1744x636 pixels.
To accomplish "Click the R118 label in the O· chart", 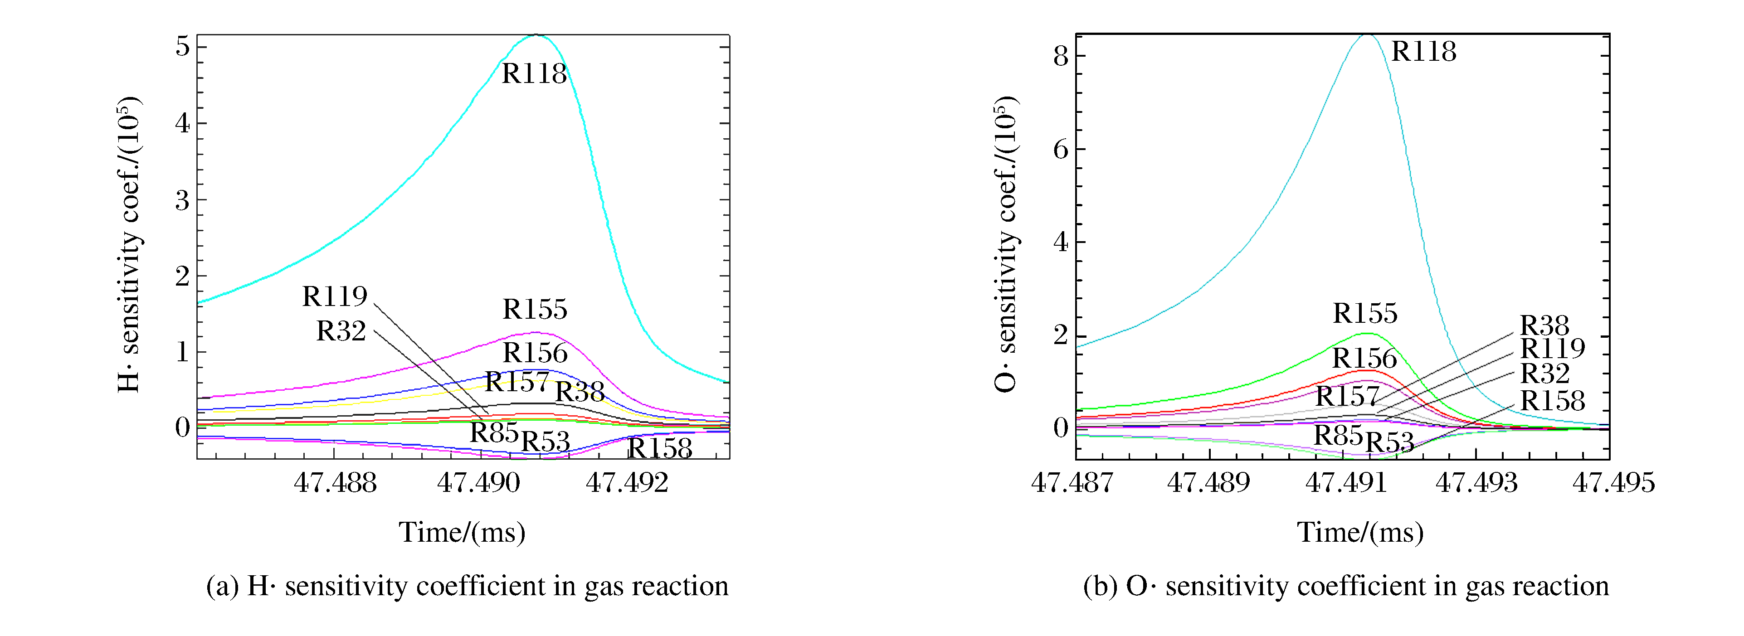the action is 1424,51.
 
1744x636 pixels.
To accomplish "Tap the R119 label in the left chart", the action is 335,296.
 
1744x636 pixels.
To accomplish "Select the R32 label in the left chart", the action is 341,331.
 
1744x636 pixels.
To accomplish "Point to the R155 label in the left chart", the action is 535,309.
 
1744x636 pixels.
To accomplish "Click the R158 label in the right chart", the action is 1552,401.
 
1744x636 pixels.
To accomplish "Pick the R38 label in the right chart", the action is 1544,325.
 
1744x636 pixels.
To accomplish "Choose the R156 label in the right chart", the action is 1364,359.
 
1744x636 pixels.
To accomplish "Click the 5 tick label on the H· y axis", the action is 182,47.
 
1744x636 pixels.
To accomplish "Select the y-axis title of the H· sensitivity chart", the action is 129,245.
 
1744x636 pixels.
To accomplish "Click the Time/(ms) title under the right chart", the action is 1360,533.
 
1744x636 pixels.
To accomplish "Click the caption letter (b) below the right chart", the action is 1100,586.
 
